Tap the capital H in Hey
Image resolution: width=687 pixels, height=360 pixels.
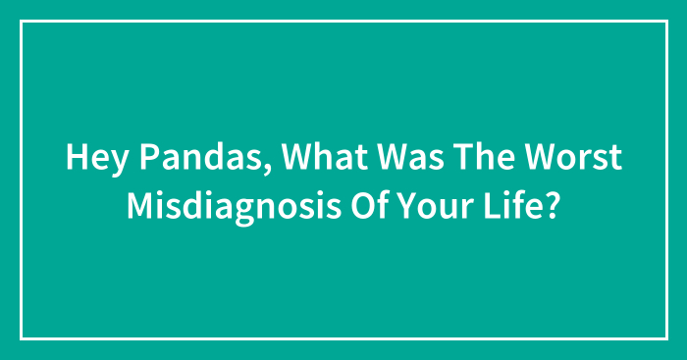75,158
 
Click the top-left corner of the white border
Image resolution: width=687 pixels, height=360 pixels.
22,22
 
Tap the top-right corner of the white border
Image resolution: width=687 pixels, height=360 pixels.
665,22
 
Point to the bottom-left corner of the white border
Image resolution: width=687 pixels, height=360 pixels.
22,338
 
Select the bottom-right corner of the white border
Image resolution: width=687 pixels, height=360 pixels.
665,338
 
